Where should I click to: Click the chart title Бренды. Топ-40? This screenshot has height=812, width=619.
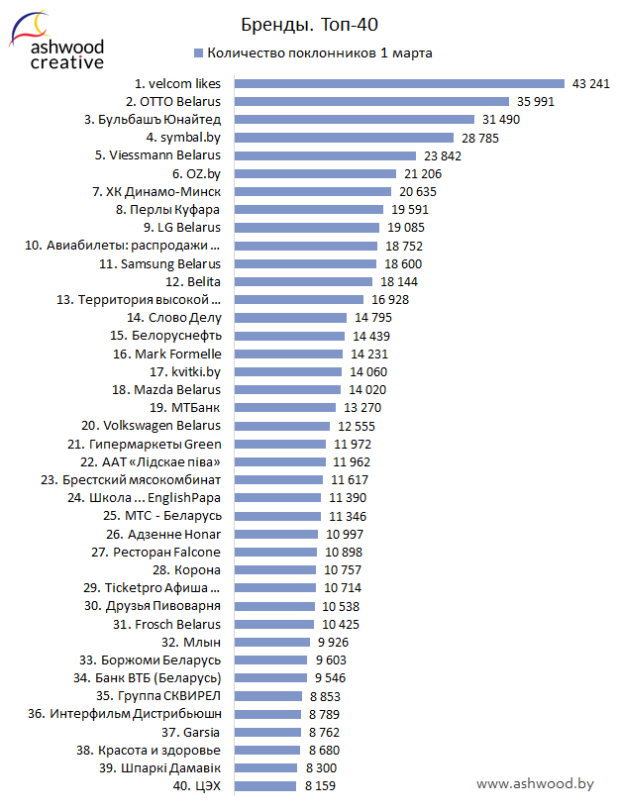tap(309, 24)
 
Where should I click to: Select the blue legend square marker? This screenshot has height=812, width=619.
tap(198, 53)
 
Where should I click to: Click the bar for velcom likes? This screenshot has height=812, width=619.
tap(398, 84)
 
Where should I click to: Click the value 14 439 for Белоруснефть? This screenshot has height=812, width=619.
tap(371, 336)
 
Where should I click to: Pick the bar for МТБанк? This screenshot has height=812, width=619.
tap(284, 407)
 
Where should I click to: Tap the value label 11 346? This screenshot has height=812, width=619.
tap(348, 515)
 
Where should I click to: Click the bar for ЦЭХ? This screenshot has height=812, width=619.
tap(265, 785)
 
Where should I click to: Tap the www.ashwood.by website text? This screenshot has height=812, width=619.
tap(535, 783)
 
